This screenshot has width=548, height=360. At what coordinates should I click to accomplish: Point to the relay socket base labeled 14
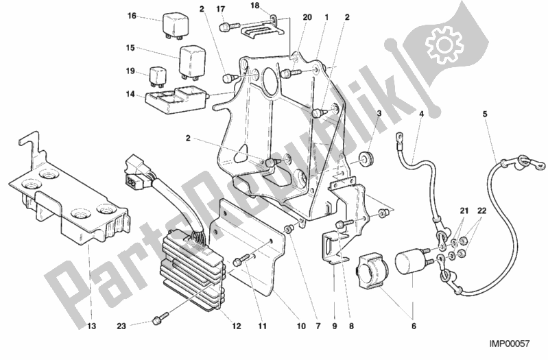point(174,98)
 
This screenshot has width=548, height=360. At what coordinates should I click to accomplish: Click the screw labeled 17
point(224,27)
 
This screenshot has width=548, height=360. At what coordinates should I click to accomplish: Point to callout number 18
point(254,6)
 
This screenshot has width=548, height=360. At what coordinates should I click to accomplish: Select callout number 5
point(485,114)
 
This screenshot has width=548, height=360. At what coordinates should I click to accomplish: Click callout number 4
point(422,114)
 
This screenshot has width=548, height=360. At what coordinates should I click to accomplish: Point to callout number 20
point(288,16)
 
